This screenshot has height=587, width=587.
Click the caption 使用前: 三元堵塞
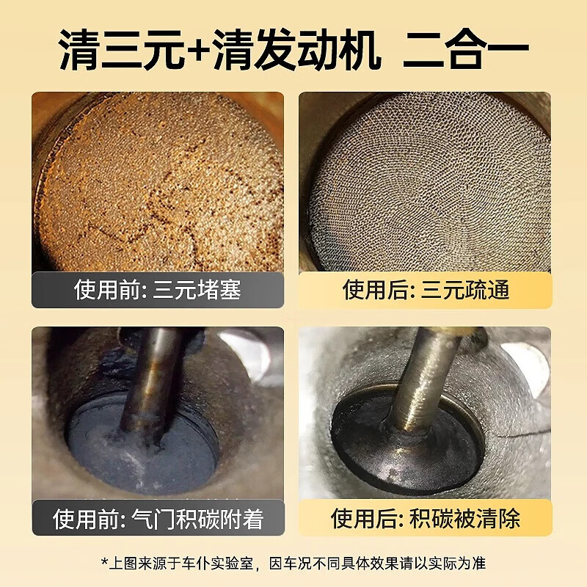pyautogui.click(x=157, y=291)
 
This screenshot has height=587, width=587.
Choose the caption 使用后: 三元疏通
pyautogui.click(x=426, y=291)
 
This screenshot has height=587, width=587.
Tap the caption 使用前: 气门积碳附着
pyautogui.click(x=157, y=519)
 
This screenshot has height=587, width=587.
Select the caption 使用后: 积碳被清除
pyautogui.click(x=426, y=519)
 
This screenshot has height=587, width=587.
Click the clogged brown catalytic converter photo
pyautogui.click(x=157, y=183)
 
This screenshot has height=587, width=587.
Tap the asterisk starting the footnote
pyautogui.click(x=105, y=564)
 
